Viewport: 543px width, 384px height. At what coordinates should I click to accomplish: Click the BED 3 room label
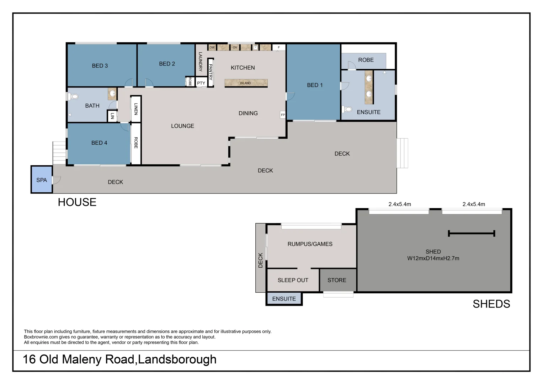[100, 66]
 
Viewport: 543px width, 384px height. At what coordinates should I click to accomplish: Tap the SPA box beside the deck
[42, 180]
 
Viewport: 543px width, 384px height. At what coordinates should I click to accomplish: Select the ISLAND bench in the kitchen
[246, 83]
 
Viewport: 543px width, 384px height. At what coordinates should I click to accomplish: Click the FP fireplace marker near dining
[283, 115]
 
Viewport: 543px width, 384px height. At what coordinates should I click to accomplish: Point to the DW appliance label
[212, 47]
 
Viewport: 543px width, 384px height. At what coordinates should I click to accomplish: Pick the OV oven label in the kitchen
[235, 47]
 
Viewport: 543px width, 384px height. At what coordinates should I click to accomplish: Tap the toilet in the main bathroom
[74, 96]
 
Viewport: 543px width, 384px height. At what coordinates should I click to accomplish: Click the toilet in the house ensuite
[347, 109]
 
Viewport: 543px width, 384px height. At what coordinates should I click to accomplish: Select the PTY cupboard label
[201, 83]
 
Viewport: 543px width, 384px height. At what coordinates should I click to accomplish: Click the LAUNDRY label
[200, 62]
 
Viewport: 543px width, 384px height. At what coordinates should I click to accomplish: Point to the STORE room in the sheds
[337, 280]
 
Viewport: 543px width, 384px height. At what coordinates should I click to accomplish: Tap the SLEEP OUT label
[293, 280]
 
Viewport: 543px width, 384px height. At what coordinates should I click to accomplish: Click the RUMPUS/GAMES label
[310, 244]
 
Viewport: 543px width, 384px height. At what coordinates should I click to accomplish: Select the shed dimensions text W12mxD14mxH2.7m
[433, 258]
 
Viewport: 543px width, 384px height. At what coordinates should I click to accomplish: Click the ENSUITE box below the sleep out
[284, 299]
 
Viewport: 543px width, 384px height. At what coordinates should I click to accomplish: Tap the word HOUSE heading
[77, 202]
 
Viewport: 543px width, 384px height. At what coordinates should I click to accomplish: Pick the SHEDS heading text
[491, 304]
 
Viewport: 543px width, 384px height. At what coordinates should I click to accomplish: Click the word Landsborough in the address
[177, 359]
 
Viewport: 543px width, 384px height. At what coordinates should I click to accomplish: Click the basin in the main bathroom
[112, 94]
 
